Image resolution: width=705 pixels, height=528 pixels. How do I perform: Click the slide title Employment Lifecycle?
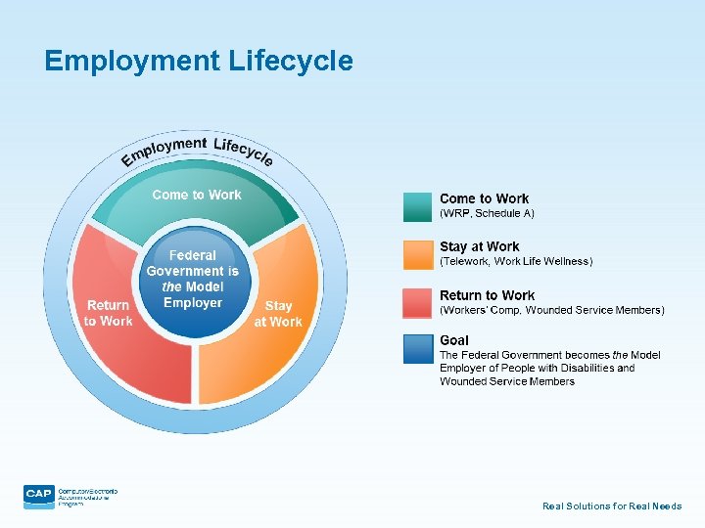(x=199, y=62)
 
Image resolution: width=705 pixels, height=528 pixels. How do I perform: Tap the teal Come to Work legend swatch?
(x=417, y=206)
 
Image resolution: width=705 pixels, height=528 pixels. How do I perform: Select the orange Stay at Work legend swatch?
(x=417, y=254)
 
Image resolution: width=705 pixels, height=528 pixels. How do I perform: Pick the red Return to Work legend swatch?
(x=417, y=302)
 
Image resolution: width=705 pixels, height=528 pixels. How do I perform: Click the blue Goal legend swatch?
(x=417, y=349)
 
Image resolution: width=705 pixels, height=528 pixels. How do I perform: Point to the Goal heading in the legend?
(x=454, y=340)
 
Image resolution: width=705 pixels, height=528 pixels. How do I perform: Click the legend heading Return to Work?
(x=488, y=295)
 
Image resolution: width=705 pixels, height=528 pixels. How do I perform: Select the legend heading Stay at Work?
(x=480, y=247)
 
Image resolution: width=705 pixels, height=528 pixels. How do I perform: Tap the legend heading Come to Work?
(x=485, y=199)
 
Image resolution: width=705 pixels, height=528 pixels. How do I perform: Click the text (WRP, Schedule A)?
(x=488, y=213)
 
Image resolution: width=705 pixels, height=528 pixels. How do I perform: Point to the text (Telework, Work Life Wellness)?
(x=516, y=261)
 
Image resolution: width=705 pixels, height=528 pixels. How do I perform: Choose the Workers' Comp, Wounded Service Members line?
(x=552, y=310)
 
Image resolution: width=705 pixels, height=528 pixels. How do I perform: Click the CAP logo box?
(x=39, y=496)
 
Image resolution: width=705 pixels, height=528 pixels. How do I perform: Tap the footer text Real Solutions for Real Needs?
(x=612, y=506)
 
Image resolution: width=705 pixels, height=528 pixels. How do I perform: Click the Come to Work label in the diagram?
(x=197, y=195)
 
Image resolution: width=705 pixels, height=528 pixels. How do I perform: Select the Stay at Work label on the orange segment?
(x=278, y=314)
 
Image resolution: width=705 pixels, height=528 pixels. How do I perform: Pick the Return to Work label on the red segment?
(x=108, y=313)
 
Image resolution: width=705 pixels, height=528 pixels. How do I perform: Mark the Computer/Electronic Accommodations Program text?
(x=88, y=496)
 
